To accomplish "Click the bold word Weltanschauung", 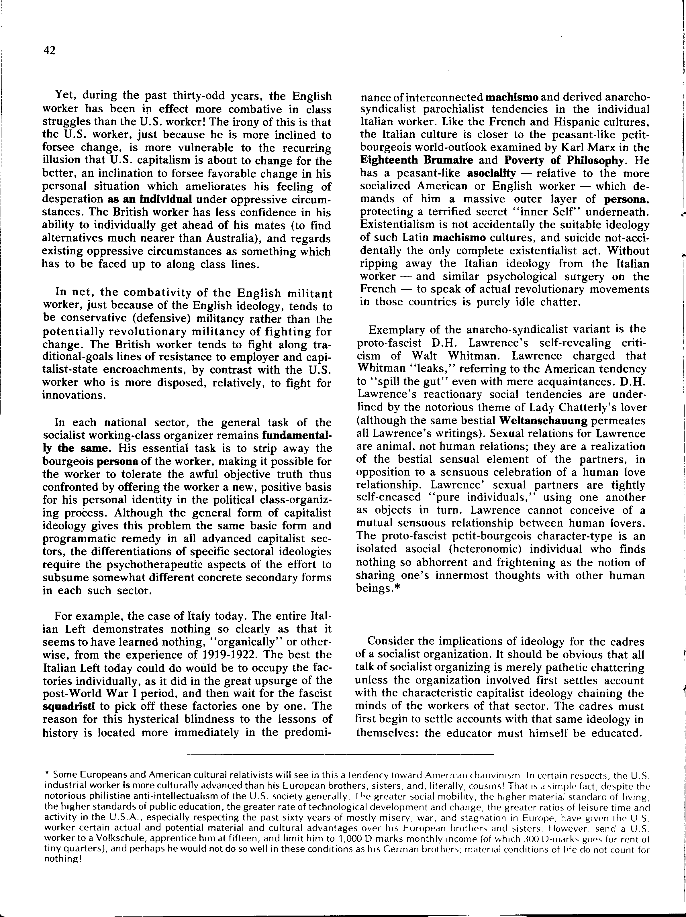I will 543,421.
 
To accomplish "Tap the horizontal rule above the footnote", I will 340,754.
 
